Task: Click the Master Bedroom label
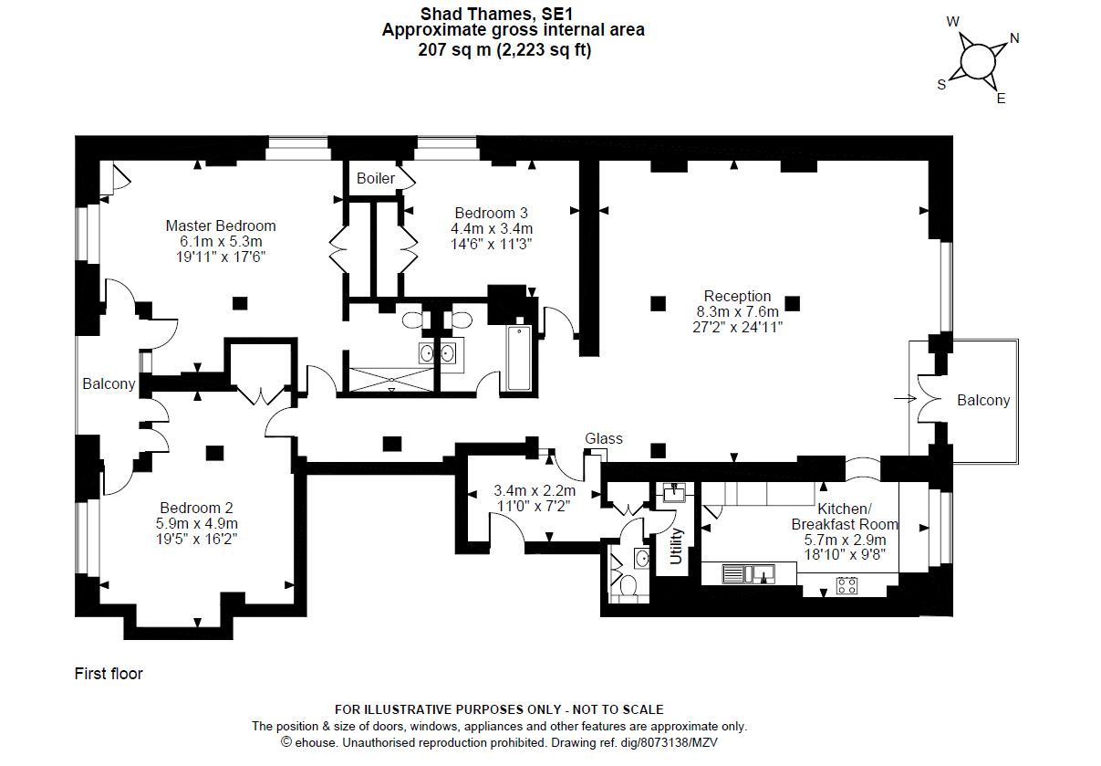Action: (x=220, y=226)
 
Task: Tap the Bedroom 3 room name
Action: (x=491, y=213)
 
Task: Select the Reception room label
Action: (x=737, y=296)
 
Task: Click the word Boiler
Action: (x=375, y=178)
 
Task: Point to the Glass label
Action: (x=603, y=439)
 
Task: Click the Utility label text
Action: (x=676, y=547)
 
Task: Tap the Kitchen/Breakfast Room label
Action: (x=844, y=517)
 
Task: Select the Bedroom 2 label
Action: (x=196, y=508)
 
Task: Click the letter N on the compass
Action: (x=1014, y=38)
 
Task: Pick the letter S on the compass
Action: (x=942, y=84)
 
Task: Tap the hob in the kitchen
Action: (x=846, y=584)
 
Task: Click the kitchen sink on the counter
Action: (x=748, y=573)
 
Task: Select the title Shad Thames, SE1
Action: (x=513, y=13)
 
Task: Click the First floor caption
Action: (x=109, y=674)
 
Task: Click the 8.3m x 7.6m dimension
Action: (x=737, y=311)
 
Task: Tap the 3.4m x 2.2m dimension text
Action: (x=534, y=490)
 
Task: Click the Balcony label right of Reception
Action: (x=983, y=400)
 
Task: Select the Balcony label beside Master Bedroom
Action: (x=109, y=384)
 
